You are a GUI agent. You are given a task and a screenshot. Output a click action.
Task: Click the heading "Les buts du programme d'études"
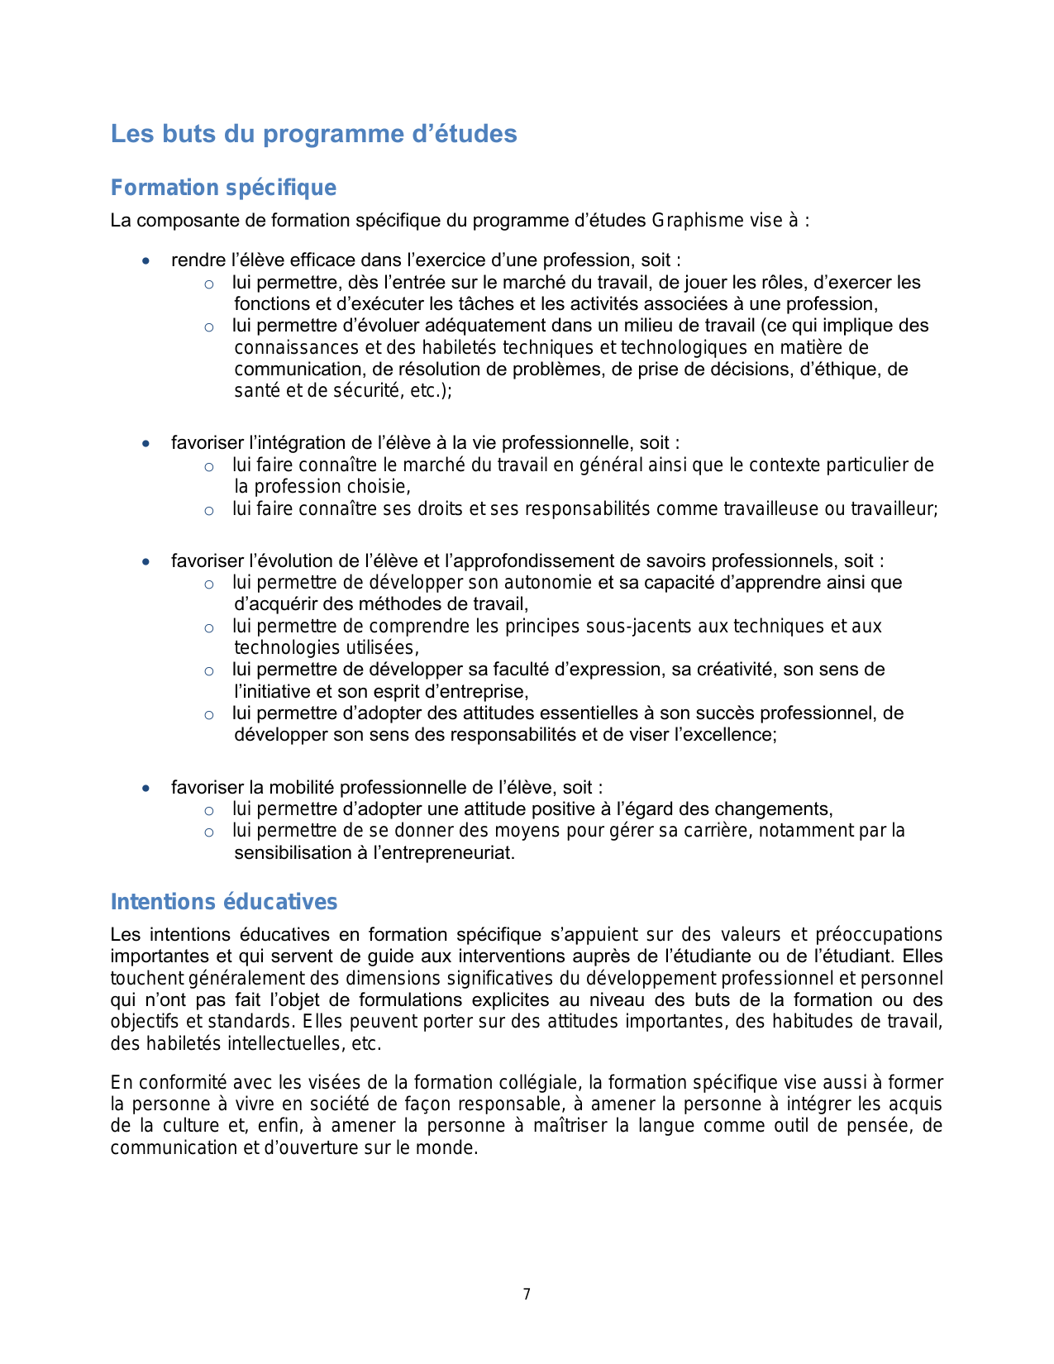pyautogui.click(x=313, y=134)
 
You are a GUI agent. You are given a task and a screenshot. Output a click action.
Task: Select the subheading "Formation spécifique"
pyautogui.click(x=223, y=188)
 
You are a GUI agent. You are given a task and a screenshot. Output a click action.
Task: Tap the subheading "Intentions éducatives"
pyautogui.click(x=224, y=902)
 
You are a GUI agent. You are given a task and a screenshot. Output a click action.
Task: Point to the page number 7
pyautogui.click(x=527, y=1295)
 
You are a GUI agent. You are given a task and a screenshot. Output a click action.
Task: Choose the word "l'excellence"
pyautogui.click(x=724, y=735)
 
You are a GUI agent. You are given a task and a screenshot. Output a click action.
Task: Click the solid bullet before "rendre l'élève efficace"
pyautogui.click(x=146, y=261)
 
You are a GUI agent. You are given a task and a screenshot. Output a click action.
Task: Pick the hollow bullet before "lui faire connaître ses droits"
pyautogui.click(x=209, y=511)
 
